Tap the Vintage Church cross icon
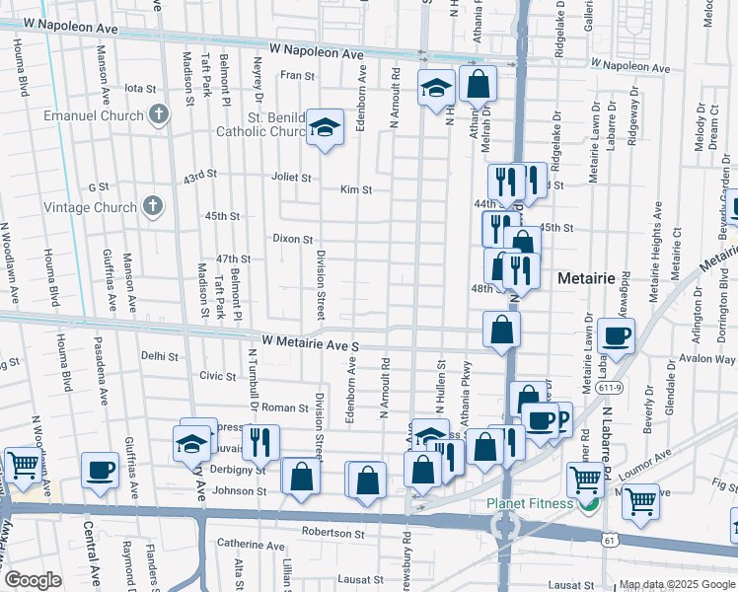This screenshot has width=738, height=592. tap(152, 206)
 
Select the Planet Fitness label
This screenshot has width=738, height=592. tap(529, 504)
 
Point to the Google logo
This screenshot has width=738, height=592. tap(33, 580)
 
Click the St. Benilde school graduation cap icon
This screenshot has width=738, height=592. tap(324, 126)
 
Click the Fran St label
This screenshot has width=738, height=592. tap(296, 75)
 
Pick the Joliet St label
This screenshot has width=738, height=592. tap(291, 179)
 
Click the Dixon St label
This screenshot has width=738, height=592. tap(293, 239)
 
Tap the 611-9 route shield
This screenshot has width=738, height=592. tap(609, 388)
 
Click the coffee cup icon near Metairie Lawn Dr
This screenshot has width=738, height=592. tap(616, 334)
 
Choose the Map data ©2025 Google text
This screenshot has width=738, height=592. tap(675, 584)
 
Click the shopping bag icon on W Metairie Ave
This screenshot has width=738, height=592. tap(501, 329)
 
